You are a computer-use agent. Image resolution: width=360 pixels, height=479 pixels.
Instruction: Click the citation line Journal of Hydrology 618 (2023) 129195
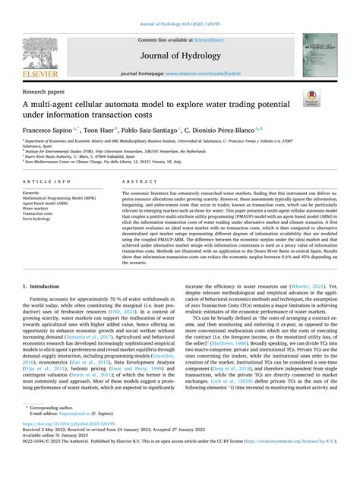point(180,6)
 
